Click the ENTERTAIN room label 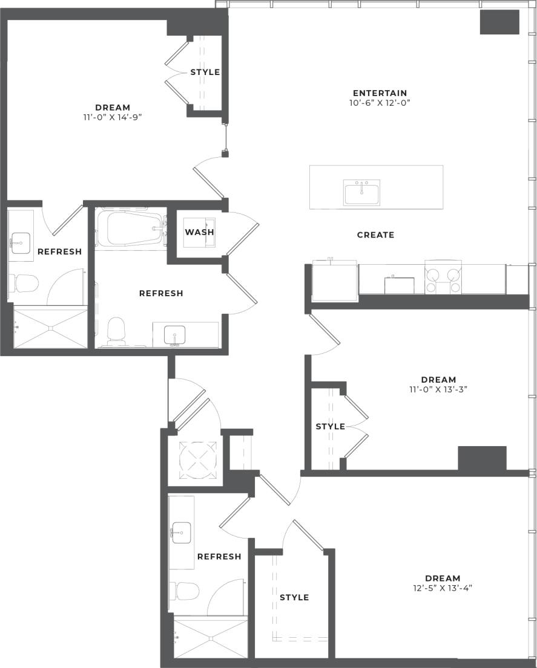coord(380,93)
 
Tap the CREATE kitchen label coord(375,235)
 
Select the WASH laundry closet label coord(199,232)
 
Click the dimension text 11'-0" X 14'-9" coord(113,117)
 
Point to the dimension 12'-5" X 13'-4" coord(442,588)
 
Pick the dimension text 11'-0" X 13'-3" coord(438,389)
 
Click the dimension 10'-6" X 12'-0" coord(380,103)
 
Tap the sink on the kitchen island coord(362,193)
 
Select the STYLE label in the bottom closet coord(294,597)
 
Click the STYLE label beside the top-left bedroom coord(205,73)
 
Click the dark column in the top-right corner coord(499,22)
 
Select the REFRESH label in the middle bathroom coord(161,293)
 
